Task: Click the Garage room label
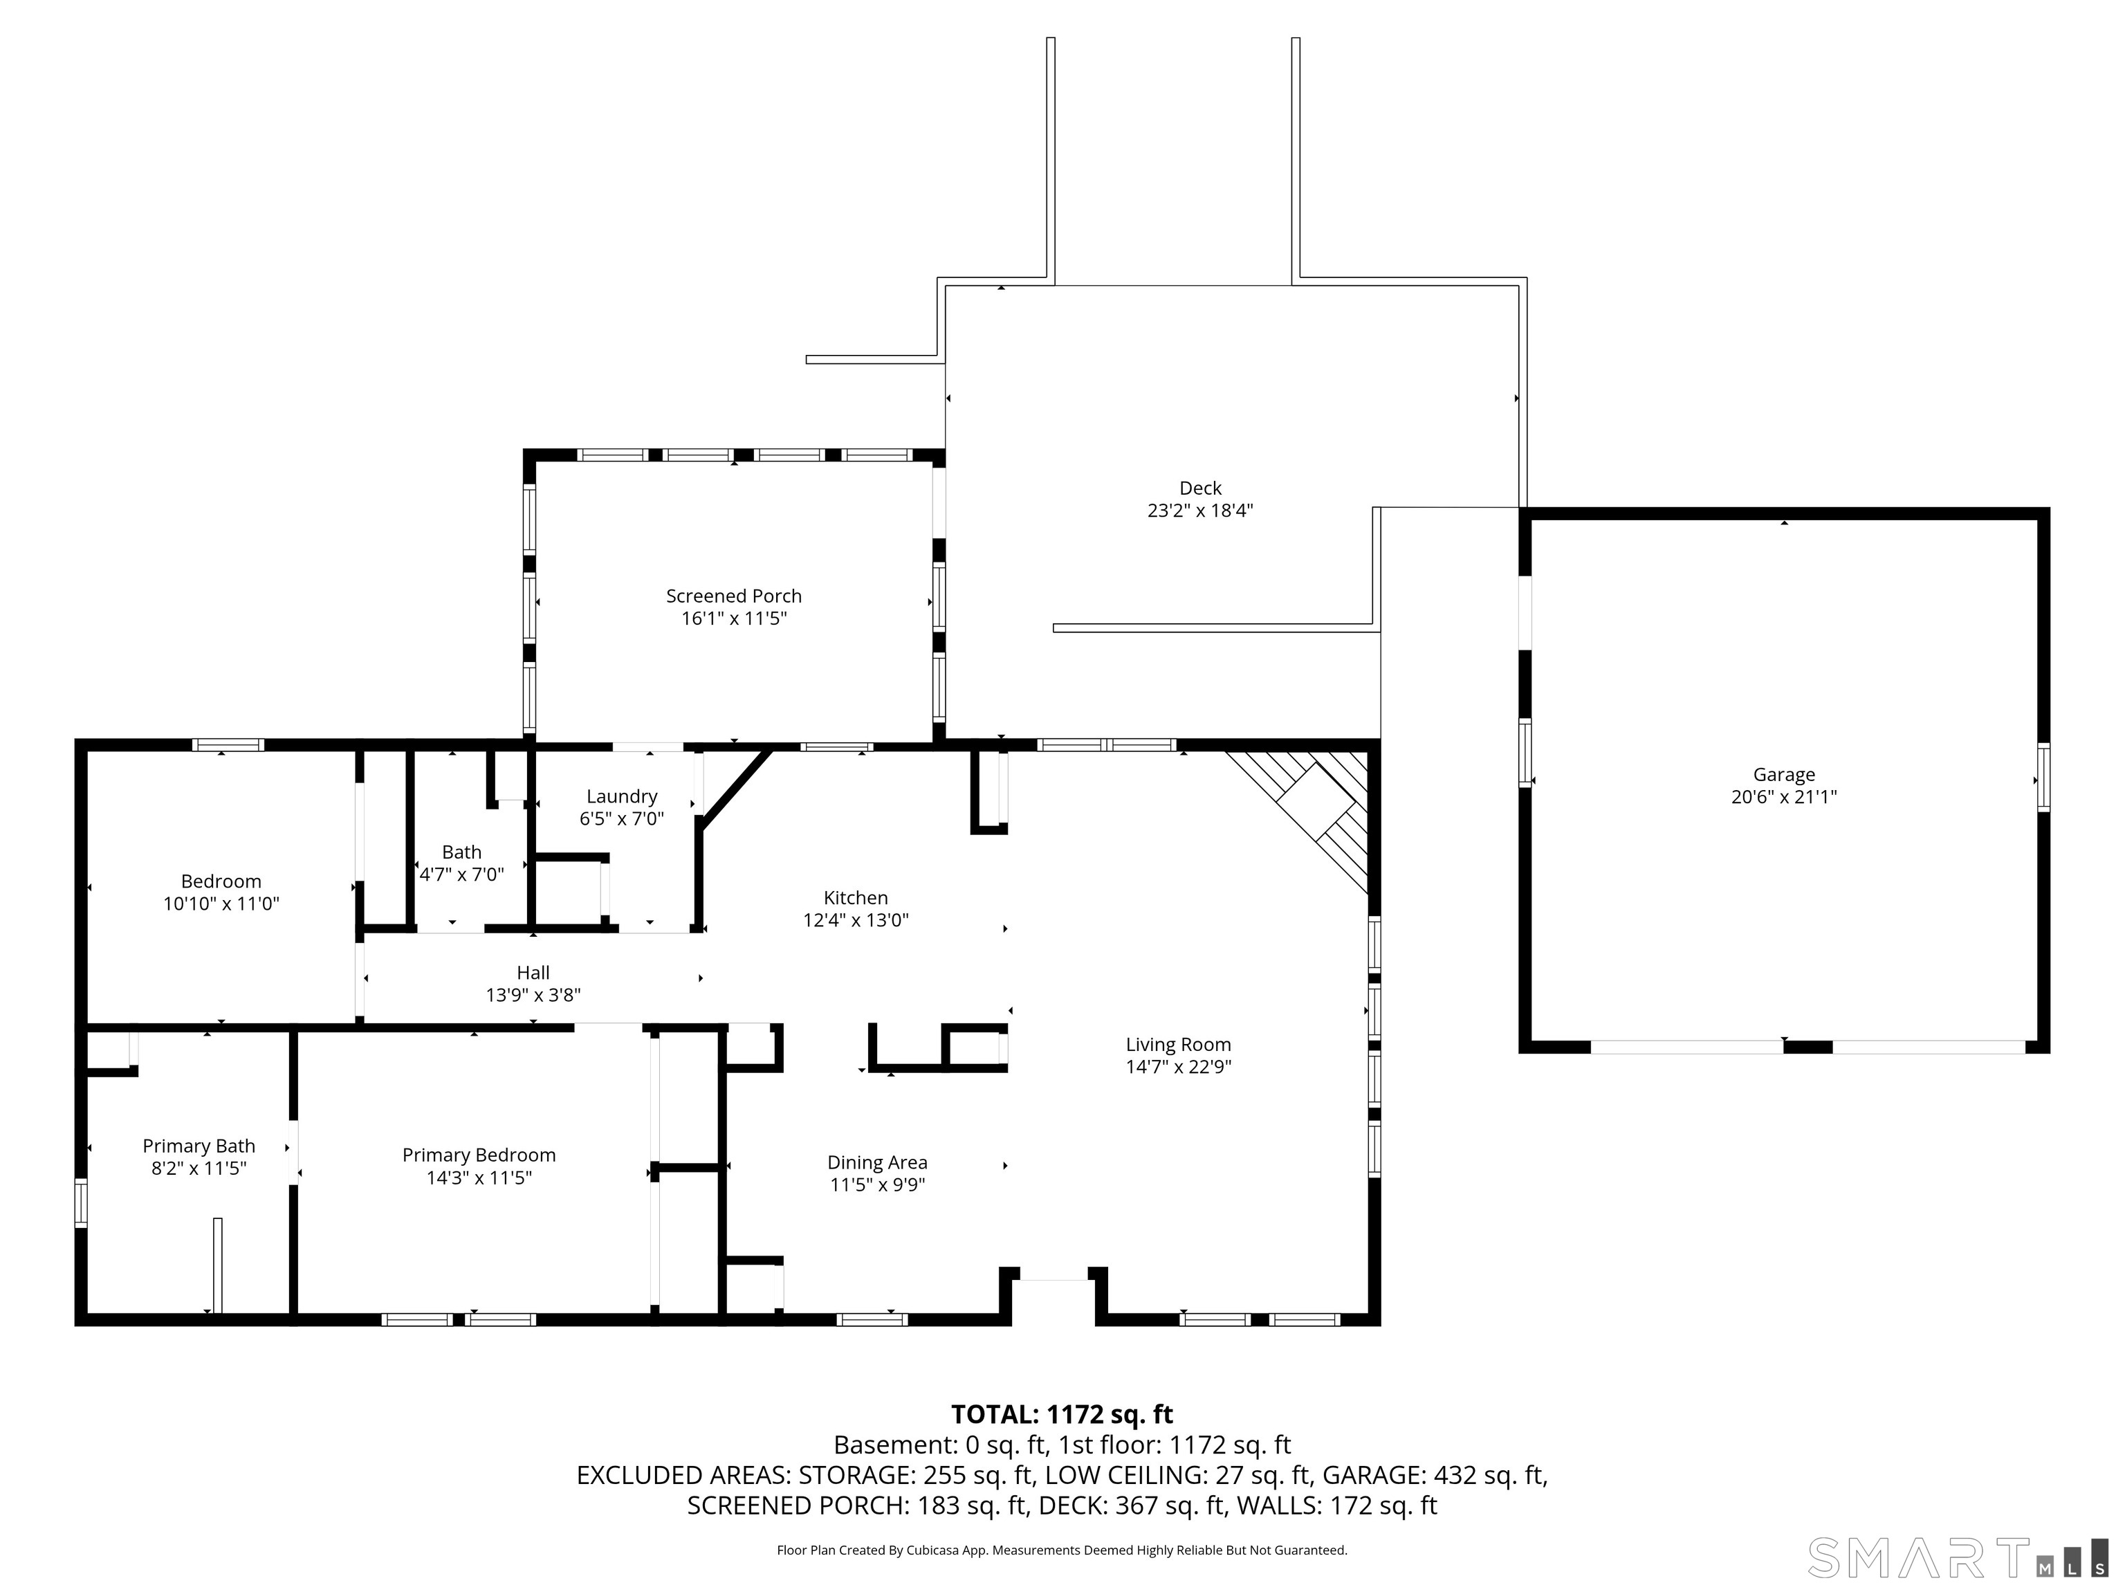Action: (x=1784, y=774)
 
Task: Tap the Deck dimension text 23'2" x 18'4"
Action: (x=1200, y=510)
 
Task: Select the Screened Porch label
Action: (x=734, y=596)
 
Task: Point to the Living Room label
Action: (x=1178, y=1045)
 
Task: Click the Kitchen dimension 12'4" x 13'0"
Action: (x=856, y=920)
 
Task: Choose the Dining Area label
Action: (x=877, y=1162)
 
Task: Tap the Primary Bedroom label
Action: (x=479, y=1155)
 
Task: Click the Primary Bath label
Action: (x=199, y=1146)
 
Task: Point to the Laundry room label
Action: (x=622, y=796)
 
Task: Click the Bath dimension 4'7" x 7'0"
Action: (x=462, y=874)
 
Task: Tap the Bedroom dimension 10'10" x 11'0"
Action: (x=221, y=903)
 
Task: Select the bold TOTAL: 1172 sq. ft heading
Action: (x=1062, y=1414)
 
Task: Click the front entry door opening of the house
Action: (x=1054, y=1280)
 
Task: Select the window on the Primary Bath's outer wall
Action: (x=81, y=1203)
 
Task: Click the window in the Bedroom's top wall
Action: (x=228, y=744)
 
